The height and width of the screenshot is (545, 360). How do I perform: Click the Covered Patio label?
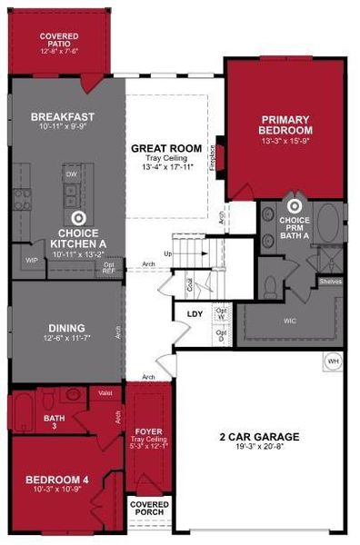[59, 40]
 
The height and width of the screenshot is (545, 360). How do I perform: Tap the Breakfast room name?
[63, 117]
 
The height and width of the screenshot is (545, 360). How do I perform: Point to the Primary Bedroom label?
[286, 124]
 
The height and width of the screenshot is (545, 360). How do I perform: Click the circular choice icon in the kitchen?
[78, 218]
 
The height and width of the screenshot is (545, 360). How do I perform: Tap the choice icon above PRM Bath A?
[294, 205]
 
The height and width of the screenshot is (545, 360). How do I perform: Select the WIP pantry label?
[30, 259]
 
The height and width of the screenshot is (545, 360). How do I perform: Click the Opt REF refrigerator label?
[108, 267]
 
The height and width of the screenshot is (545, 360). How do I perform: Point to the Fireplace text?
[213, 160]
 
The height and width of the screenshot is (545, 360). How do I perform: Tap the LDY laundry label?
[195, 314]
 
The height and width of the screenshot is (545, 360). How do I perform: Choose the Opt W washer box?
[221, 313]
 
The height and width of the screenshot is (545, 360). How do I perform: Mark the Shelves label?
[330, 282]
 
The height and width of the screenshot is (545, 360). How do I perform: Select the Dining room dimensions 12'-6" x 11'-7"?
[67, 337]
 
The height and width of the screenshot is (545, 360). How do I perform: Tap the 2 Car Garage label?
[259, 437]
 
